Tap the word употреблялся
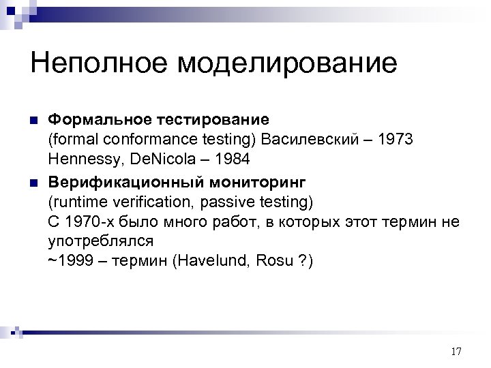click(100, 241)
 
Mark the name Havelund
click(209, 261)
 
